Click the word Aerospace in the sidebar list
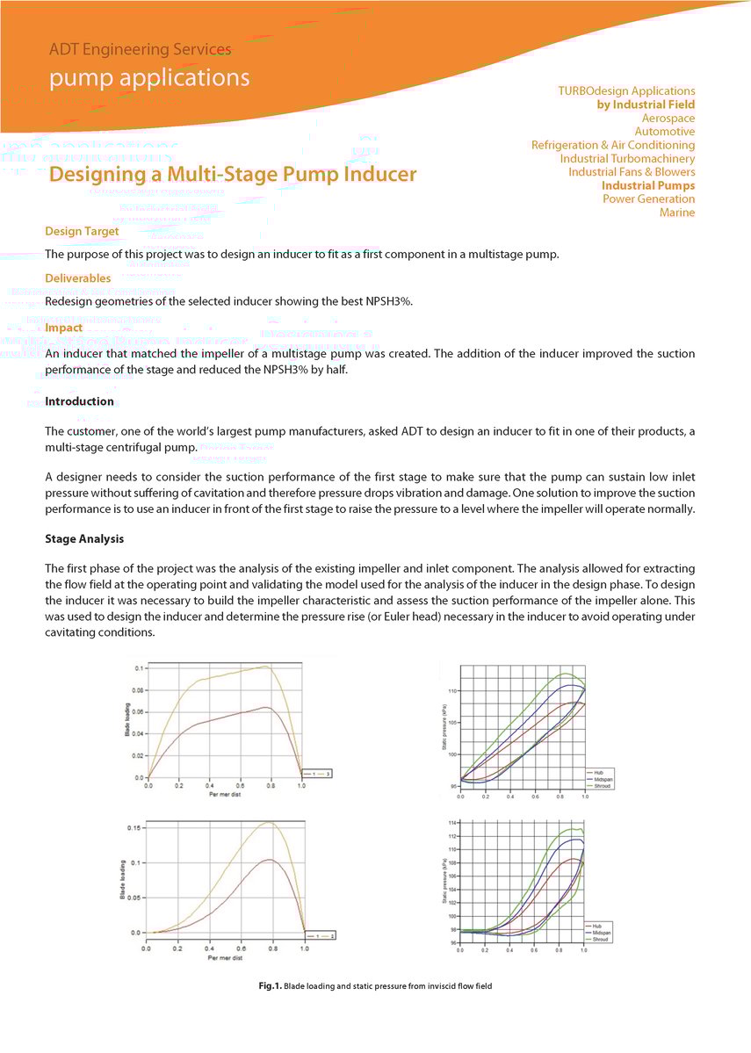point(668,118)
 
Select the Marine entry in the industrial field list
point(676,213)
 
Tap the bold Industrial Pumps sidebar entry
point(647,185)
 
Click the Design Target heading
point(82,231)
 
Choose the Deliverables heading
point(77,278)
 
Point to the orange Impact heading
point(63,328)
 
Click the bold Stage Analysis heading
point(83,538)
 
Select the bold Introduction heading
point(79,401)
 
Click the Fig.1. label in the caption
point(269,986)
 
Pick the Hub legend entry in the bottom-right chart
point(596,926)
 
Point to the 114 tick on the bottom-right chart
point(452,823)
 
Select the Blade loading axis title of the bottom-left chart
point(122,881)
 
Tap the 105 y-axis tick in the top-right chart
point(452,723)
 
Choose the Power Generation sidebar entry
point(648,198)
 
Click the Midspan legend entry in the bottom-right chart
point(601,933)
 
